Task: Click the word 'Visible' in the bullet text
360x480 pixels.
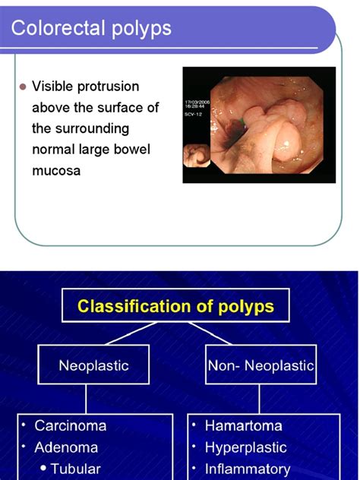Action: coord(55,87)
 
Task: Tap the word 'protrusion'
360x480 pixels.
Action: coord(111,87)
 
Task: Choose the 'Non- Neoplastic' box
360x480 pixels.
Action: coord(261,365)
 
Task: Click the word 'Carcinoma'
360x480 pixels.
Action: coord(71,426)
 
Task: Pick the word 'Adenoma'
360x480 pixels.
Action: coord(67,447)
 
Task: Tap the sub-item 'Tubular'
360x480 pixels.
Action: coord(75,469)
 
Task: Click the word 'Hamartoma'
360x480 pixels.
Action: coord(243,426)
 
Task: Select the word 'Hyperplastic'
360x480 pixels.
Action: coord(245,447)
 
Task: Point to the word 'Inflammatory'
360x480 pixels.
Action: coord(248,469)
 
